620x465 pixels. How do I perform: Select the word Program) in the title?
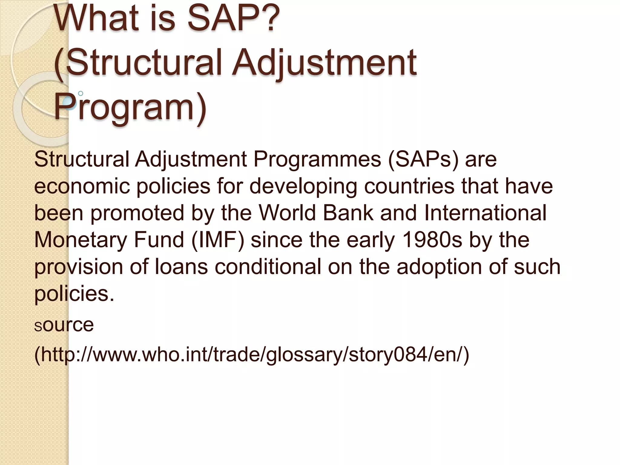click(130, 107)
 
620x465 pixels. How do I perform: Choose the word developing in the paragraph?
click(303, 186)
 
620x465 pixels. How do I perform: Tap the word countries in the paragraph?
click(409, 186)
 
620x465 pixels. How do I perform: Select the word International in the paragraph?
click(485, 213)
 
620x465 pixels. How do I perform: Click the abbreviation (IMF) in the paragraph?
click(218, 240)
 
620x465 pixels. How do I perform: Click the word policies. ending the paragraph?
click(74, 294)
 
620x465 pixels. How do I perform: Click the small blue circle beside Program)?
click(81, 94)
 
